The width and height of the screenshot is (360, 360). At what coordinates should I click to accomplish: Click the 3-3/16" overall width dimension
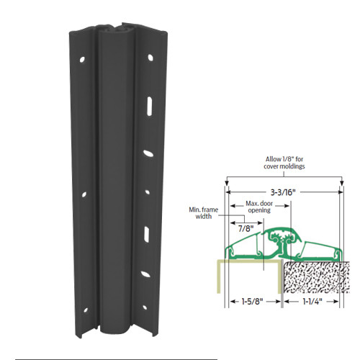[282, 194]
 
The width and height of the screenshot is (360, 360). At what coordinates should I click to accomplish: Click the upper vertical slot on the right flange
[147, 105]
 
